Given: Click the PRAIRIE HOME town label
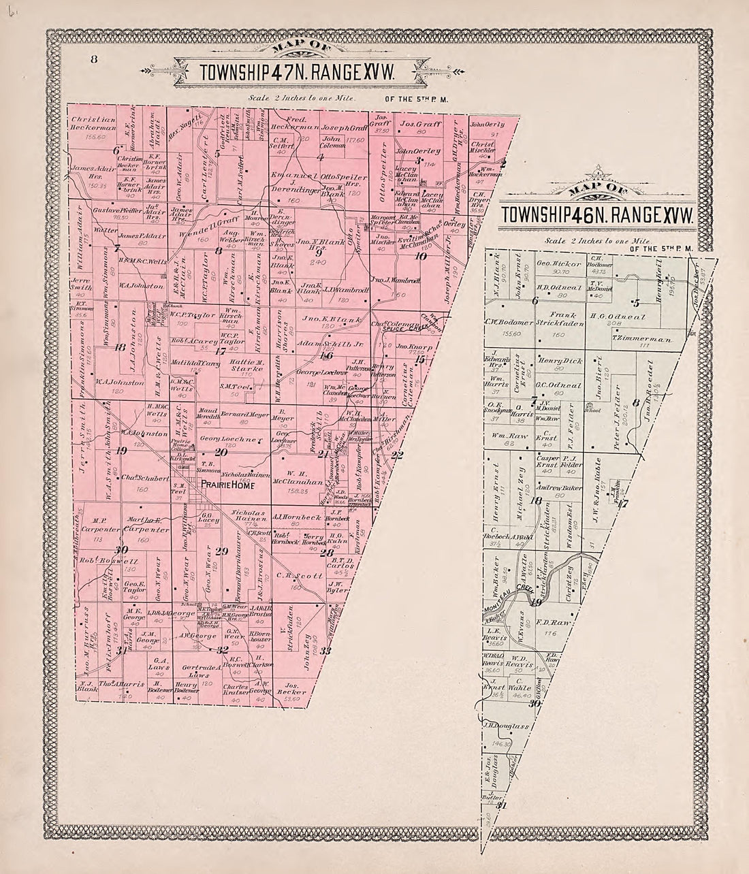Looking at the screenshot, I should click(227, 486).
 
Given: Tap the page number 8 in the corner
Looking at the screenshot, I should click(95, 59).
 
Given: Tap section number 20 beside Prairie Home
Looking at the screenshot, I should click(221, 453).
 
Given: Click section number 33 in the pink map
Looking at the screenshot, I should click(325, 651).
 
